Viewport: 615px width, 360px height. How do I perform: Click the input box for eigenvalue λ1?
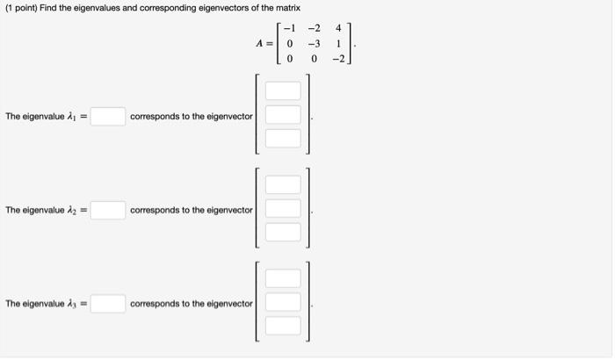[107, 117]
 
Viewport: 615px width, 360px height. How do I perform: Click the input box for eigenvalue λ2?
[107, 211]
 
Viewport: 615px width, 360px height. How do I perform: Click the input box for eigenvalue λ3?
[107, 304]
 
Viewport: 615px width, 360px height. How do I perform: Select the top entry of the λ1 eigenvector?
[284, 91]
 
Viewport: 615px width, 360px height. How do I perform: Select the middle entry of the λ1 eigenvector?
[284, 115]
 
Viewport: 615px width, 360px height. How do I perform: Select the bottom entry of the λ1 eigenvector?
[284, 139]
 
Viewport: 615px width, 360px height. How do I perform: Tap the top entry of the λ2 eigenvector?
[284, 185]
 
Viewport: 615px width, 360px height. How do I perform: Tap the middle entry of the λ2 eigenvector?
[284, 209]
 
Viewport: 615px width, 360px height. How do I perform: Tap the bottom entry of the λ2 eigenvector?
[284, 233]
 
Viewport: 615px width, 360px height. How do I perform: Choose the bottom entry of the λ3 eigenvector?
[284, 326]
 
